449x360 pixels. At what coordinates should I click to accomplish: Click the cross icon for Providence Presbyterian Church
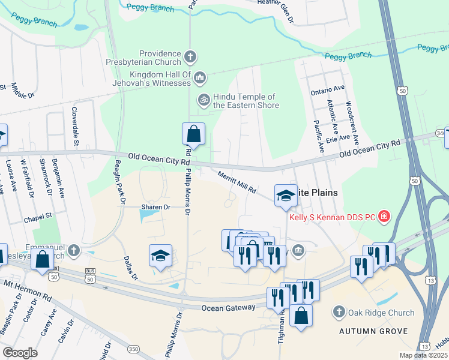coord(190,58)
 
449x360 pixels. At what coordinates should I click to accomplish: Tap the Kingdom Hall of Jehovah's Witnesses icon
coord(200,78)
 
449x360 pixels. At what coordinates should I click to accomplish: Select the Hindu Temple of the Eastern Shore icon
coord(204,100)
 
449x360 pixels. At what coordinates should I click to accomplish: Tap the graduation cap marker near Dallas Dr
coord(160,256)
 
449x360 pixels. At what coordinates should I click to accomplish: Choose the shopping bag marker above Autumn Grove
coord(301,314)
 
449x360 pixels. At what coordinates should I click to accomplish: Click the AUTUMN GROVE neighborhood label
coord(373,331)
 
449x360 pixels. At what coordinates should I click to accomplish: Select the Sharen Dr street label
coord(156,206)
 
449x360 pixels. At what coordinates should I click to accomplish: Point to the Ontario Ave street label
coord(328,88)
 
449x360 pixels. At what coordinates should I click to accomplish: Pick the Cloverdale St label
coord(76,127)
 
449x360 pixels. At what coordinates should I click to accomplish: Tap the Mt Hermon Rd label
coord(28,288)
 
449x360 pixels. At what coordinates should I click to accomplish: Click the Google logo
coord(20,353)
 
